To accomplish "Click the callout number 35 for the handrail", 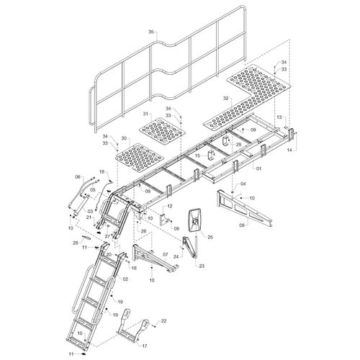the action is click(150, 32).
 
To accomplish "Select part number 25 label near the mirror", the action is click(210, 237).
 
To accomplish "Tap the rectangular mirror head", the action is click(195, 220).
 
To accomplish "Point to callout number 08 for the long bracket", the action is click(242, 225).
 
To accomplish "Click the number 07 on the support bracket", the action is click(165, 254).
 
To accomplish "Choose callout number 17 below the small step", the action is click(145, 346).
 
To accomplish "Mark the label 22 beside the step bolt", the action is click(163, 320).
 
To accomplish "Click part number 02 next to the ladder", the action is click(125, 279).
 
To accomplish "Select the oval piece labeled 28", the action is click(86, 237).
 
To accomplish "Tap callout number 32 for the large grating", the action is click(226, 98).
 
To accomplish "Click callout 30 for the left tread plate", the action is click(124, 138).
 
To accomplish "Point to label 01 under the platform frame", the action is click(258, 168).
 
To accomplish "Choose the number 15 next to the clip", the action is click(198, 156).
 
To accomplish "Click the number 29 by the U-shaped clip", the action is click(238, 144).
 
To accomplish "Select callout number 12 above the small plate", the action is click(170, 206).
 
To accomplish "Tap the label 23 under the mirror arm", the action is click(202, 266).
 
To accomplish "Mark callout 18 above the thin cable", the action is click(102, 171).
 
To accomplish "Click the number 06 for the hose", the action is click(78, 176).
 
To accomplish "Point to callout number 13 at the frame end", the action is click(279, 117).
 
